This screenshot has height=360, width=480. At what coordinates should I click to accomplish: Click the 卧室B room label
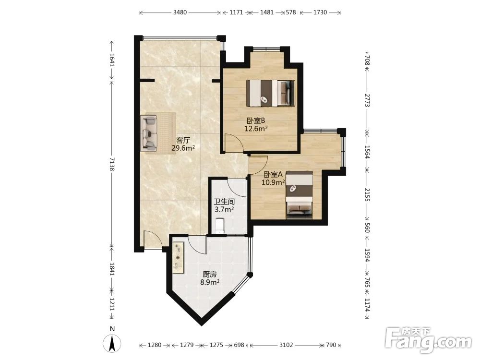pos(256,120)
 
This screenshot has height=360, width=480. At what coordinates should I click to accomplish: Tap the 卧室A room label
pos(273,175)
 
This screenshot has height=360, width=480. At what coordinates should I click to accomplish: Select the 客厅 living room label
pos(183,141)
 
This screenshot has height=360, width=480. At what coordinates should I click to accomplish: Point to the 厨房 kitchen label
pos(210,274)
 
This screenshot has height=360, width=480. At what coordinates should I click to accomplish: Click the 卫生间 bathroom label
pos(224,202)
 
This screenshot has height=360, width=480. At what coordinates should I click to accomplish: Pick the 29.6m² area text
pos(183,148)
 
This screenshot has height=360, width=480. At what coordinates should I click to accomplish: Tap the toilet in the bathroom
pos(220,226)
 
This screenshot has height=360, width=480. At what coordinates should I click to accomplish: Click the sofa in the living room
pos(149,133)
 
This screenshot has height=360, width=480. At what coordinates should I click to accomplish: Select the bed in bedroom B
pos(271,93)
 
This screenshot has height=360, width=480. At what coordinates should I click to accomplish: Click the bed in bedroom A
pos(300,195)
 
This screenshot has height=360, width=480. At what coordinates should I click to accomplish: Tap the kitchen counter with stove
pos(178,258)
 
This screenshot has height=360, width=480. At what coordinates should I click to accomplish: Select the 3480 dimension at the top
pos(180,12)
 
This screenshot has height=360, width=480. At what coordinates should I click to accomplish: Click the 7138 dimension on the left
pos(112,164)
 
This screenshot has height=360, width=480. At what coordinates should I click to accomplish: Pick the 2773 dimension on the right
pos(367,100)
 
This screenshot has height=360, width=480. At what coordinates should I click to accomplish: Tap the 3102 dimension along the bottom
pos(286,345)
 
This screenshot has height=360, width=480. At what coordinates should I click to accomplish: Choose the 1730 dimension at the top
pos(320,12)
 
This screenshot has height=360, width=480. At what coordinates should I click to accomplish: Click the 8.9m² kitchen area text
pos(210,282)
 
